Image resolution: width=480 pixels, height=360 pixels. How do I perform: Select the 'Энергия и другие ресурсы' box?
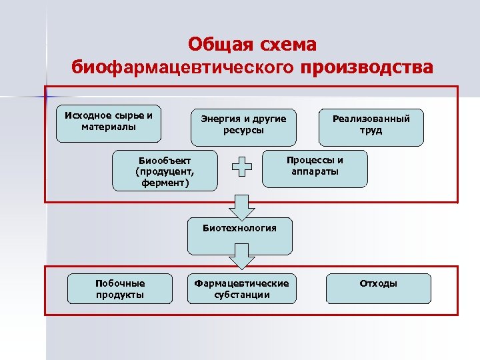tap(243, 127)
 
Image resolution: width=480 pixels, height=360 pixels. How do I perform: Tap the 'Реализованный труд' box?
tap(371, 127)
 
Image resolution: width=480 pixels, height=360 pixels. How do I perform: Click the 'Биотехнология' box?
tap(240, 235)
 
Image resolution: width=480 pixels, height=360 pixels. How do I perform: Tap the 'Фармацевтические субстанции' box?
tap(241, 289)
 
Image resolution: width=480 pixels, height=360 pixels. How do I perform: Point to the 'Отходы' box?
tap(378, 287)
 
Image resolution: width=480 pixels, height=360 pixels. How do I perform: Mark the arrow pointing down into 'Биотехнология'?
tap(241, 207)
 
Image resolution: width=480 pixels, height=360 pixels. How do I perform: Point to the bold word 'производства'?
tap(367, 67)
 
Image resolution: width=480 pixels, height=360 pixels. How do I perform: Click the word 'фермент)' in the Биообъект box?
tap(165, 181)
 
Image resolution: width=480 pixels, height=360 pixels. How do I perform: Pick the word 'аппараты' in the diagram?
tap(315, 171)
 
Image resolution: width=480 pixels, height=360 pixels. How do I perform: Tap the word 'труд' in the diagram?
tap(371, 131)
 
